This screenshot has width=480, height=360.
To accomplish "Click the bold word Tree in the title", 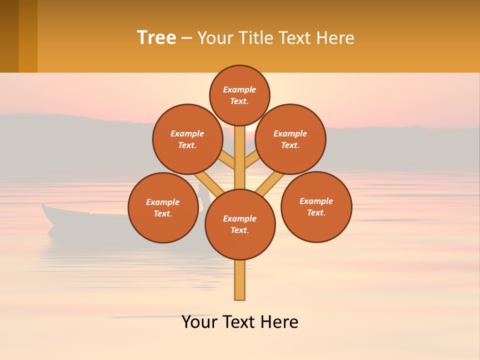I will [156, 37].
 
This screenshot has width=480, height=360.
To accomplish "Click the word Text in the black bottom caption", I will [240, 322].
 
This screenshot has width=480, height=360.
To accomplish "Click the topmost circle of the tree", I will [239, 95].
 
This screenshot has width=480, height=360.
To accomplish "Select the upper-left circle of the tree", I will [187, 139].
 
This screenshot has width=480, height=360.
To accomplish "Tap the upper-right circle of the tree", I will [290, 139].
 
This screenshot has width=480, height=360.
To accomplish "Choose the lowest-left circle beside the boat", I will [163, 207].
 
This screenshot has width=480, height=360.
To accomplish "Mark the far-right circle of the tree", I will [316, 206].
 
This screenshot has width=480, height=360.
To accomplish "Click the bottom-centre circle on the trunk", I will [240, 224].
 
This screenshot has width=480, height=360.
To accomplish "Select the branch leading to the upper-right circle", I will [251, 160].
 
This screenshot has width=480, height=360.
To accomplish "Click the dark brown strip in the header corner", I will [9, 36].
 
